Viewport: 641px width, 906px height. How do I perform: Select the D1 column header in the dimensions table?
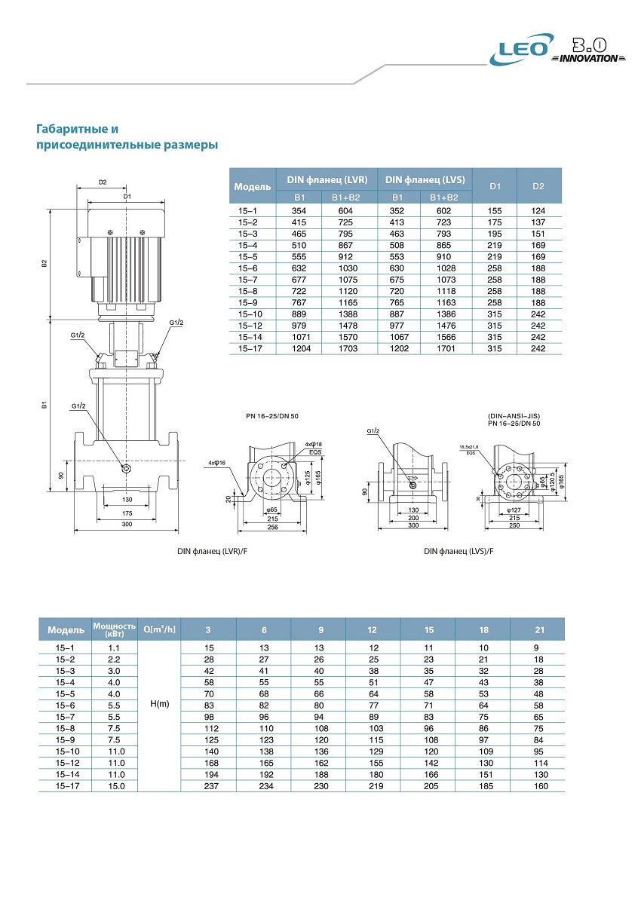point(495,185)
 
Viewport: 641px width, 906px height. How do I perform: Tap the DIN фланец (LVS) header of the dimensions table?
point(425,179)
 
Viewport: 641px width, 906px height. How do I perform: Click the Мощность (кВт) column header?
point(113,629)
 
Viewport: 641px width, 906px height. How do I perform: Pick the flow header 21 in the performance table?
point(537,629)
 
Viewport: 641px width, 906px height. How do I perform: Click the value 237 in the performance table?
point(209,785)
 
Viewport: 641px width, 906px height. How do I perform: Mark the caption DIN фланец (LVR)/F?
point(212,551)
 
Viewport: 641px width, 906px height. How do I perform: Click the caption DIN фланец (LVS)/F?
point(459,551)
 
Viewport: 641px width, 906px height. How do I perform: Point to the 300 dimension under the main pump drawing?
point(126,524)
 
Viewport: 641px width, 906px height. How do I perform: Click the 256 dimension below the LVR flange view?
point(272,528)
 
